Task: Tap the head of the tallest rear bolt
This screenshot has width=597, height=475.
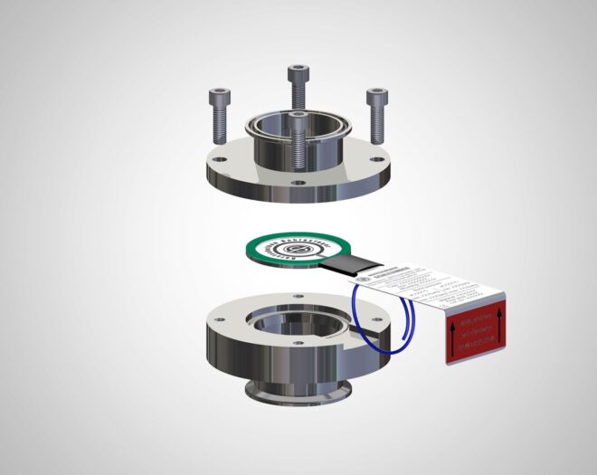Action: (x=298, y=73)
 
